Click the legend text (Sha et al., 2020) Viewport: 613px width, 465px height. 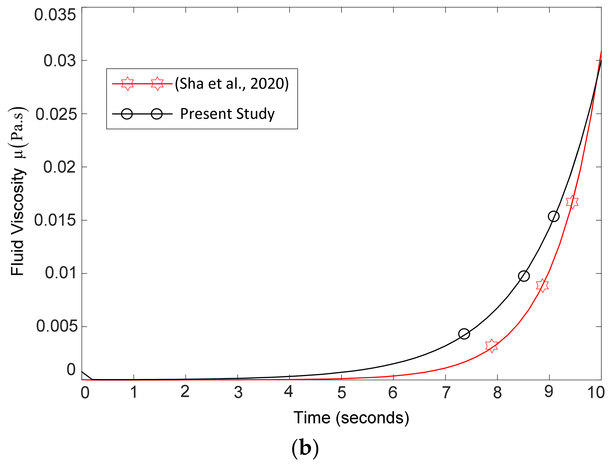click(x=232, y=84)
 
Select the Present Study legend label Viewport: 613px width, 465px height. click(x=227, y=114)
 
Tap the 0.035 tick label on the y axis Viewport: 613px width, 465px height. click(x=55, y=15)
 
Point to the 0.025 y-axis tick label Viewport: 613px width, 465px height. click(x=56, y=114)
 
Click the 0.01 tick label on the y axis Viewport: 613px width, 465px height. click(x=61, y=273)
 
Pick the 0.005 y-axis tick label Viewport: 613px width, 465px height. click(x=57, y=326)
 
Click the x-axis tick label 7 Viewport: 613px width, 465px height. click(x=446, y=392)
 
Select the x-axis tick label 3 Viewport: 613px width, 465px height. click(x=238, y=392)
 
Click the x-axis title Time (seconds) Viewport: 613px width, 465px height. click(x=351, y=418)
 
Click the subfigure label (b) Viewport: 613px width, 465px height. click(x=305, y=448)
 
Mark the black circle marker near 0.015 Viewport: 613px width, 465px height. click(x=554, y=216)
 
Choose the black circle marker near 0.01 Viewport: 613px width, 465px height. click(x=524, y=276)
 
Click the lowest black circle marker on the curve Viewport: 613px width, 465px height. click(x=464, y=334)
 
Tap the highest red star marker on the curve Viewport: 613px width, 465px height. click(x=572, y=202)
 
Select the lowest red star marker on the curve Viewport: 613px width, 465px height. click(x=491, y=346)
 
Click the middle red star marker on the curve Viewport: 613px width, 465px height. click(x=542, y=285)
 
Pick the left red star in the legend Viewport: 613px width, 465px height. click(x=127, y=84)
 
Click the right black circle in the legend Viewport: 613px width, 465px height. click(x=157, y=114)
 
